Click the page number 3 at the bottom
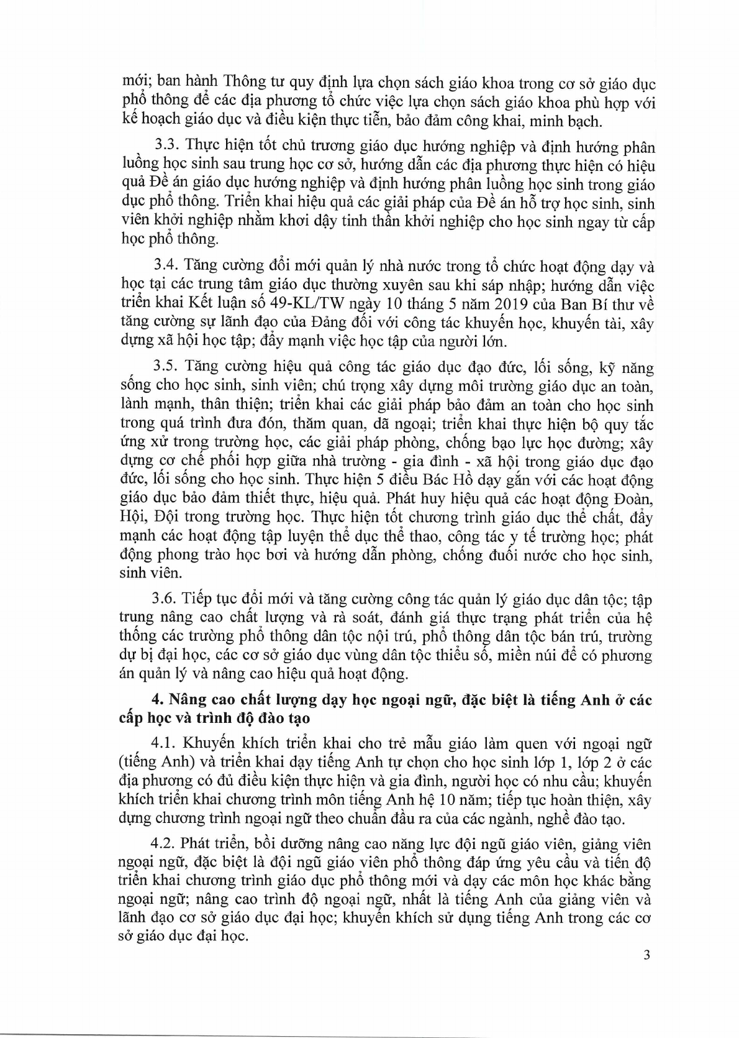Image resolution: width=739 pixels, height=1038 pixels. (646, 973)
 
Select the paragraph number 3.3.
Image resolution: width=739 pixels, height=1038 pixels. (165, 147)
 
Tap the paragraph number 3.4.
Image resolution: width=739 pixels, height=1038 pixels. (165, 267)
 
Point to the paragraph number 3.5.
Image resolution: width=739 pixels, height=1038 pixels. (165, 368)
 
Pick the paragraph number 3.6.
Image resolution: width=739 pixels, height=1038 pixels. (165, 599)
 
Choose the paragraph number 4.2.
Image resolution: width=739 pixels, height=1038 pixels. (165, 843)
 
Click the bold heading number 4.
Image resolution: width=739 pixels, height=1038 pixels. (156, 700)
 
